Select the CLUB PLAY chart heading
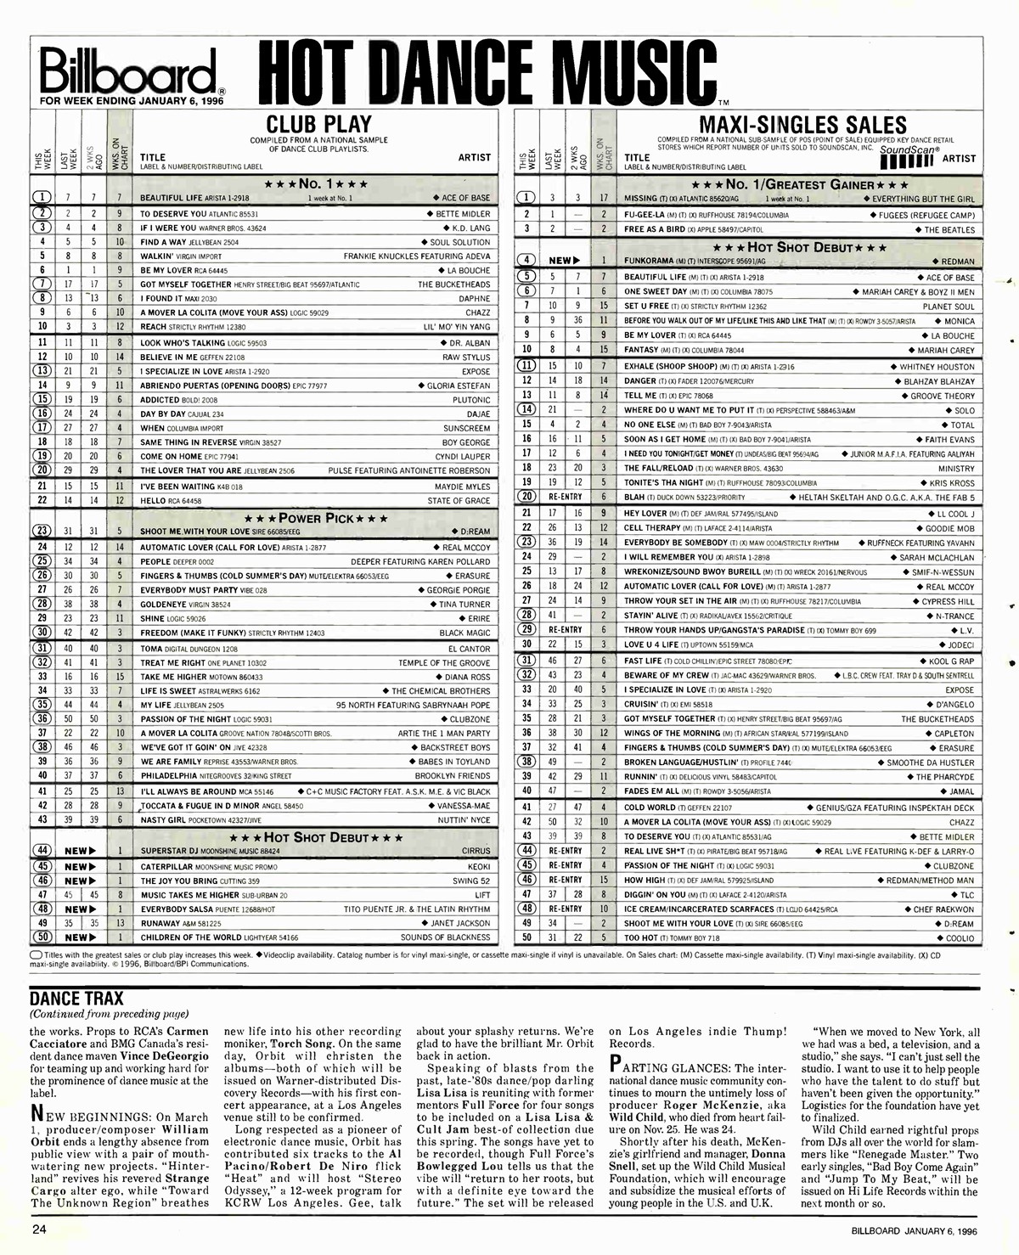point(320,124)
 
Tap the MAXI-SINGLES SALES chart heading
point(802,125)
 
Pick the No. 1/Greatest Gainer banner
point(801,184)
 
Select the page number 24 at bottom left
point(39,1230)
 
